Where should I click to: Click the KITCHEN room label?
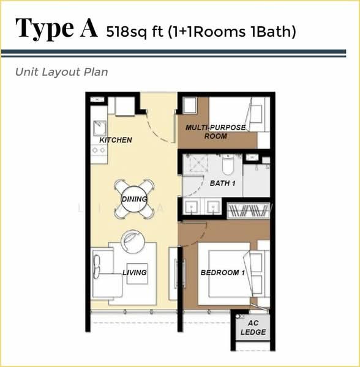116,140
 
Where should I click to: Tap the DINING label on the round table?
135,199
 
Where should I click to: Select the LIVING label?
135,272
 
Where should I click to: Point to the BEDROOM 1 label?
223,272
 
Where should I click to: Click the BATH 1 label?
222,183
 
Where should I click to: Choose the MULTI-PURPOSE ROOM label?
216,132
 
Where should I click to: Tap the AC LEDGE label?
253,328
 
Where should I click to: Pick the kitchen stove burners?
99,150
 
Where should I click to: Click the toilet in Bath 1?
228,165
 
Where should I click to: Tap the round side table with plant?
132,242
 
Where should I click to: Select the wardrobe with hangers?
249,211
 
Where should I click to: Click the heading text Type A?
56,28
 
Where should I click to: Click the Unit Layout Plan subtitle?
62,72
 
